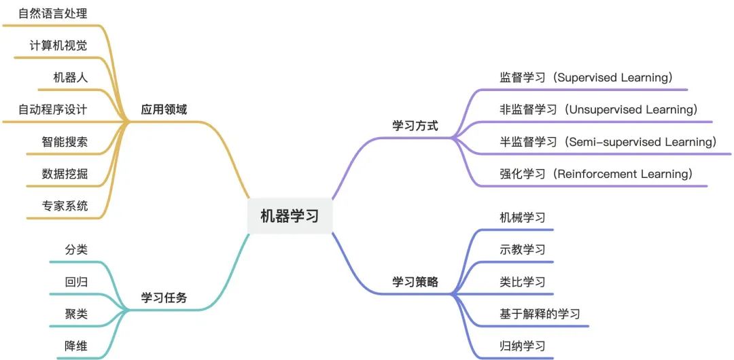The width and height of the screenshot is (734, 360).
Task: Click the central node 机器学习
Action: click(x=289, y=216)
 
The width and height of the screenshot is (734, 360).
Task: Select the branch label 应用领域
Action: click(x=164, y=109)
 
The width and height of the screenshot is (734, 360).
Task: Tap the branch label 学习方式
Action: click(x=415, y=126)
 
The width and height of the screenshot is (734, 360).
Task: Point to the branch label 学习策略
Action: click(x=415, y=282)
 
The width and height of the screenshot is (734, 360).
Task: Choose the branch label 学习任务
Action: click(x=164, y=298)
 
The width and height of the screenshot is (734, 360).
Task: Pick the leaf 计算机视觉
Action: click(x=58, y=46)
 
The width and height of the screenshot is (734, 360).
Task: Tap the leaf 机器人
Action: click(x=71, y=77)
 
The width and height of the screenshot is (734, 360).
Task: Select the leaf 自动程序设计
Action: click(x=53, y=109)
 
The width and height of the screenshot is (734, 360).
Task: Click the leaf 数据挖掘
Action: click(x=65, y=174)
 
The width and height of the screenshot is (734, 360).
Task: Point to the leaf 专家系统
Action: click(x=65, y=206)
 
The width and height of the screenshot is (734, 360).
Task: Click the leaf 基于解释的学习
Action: click(x=540, y=314)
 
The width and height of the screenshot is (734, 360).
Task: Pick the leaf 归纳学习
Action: click(x=522, y=346)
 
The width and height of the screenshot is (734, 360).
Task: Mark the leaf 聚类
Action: click(x=76, y=314)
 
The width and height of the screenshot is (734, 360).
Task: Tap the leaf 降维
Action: click(x=76, y=346)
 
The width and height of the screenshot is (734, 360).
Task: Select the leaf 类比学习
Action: click(x=522, y=282)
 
